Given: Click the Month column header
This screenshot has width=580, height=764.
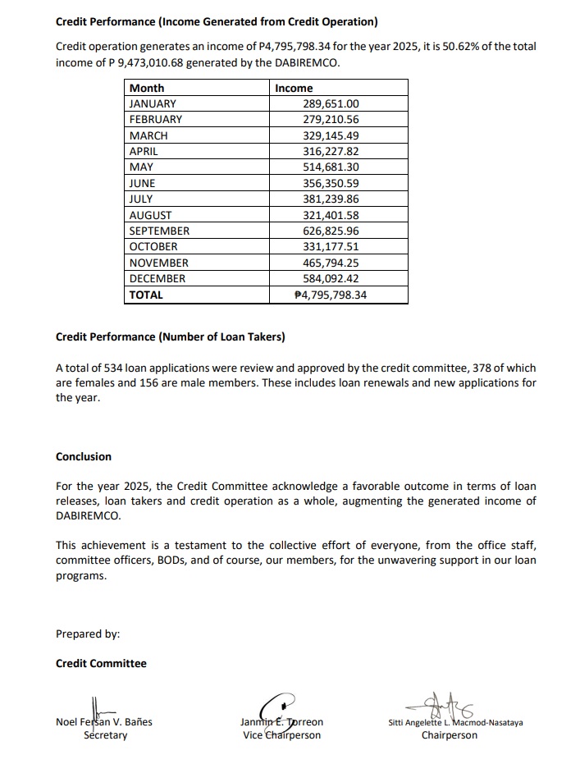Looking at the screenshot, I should pyautogui.click(x=147, y=88).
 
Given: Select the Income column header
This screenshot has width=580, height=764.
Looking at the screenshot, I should pyautogui.click(x=294, y=88).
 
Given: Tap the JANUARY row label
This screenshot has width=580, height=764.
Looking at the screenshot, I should pyautogui.click(x=153, y=103).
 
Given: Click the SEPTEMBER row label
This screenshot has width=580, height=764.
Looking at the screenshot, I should pyautogui.click(x=159, y=231).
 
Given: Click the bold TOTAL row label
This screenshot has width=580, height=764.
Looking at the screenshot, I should pyautogui.click(x=146, y=295).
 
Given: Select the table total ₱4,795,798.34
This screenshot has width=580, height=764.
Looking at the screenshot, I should pyautogui.click(x=330, y=295).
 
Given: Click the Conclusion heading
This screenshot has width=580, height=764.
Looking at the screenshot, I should pyautogui.click(x=84, y=456).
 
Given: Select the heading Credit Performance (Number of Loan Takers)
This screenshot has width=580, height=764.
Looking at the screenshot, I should pyautogui.click(x=171, y=336).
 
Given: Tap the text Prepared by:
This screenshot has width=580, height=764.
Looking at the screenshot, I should pyautogui.click(x=88, y=634).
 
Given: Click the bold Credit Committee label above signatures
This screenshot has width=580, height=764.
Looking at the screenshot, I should pyautogui.click(x=101, y=663).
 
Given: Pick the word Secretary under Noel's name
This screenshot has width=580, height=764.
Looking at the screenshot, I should pyautogui.click(x=106, y=735).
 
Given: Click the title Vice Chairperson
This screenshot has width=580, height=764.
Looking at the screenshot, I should pyautogui.click(x=281, y=735).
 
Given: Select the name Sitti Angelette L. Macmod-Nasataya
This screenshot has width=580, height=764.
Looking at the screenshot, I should pyautogui.click(x=455, y=723).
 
